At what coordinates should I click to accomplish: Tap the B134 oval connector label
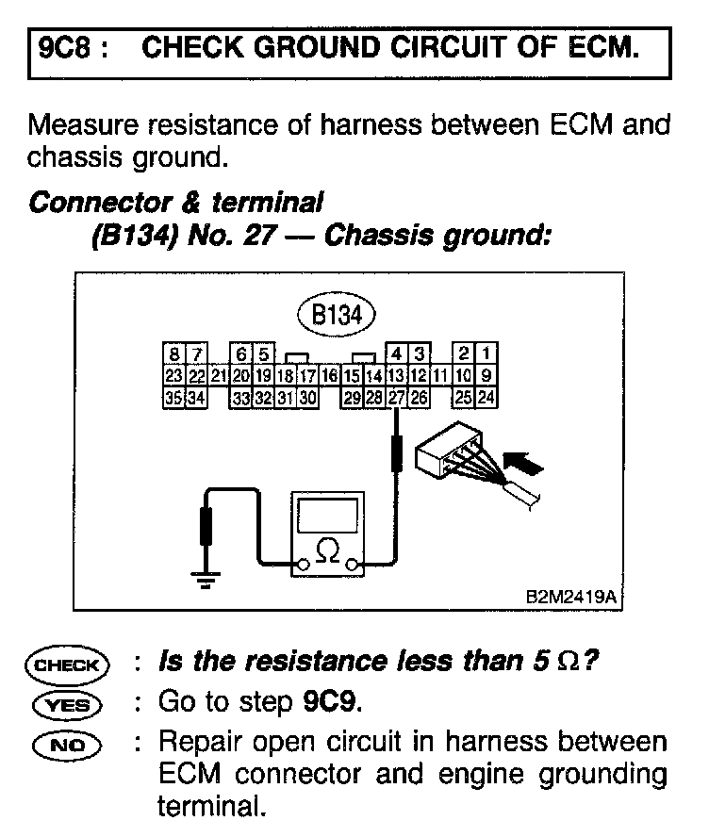(x=337, y=316)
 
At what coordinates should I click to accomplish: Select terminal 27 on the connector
(x=397, y=398)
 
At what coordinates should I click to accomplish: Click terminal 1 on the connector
(x=486, y=355)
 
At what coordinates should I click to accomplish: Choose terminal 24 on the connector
(x=486, y=398)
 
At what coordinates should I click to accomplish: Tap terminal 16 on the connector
(x=329, y=377)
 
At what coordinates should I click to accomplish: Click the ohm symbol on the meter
(x=327, y=550)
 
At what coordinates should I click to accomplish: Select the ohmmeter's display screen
(x=327, y=517)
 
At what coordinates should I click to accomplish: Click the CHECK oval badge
(x=67, y=665)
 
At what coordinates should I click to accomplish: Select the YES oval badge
(x=67, y=703)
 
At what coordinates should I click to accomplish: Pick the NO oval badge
(x=67, y=742)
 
